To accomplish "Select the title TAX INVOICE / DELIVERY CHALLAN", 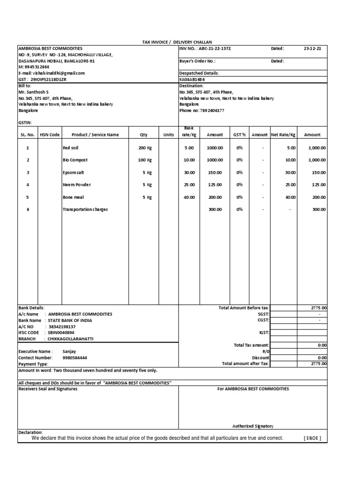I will (173, 42).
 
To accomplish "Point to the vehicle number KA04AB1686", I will (193, 80).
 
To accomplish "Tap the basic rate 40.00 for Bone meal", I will (189, 197).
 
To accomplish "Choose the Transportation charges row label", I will (85, 210).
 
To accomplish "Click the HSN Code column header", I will (50, 135).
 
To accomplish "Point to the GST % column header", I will (240, 135).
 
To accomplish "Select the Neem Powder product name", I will (77, 185).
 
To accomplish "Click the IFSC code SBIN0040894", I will (61, 332).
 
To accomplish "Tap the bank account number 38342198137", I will (61, 326).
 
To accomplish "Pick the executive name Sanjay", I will (69, 351).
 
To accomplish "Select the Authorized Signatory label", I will (253, 426).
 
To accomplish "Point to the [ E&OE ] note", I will (312, 438).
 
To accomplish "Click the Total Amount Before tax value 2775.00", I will (319, 308).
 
